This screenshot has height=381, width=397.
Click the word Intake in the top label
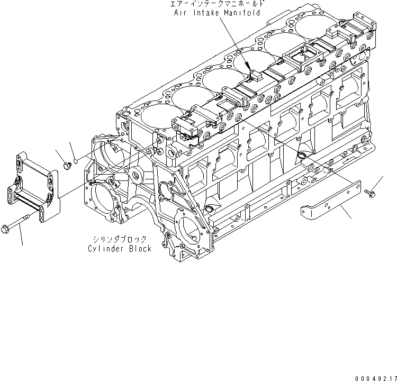click(204, 13)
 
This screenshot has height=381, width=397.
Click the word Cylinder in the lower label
click(105, 249)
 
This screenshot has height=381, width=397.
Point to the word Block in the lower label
click(139, 249)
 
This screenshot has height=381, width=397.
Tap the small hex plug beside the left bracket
click(67, 166)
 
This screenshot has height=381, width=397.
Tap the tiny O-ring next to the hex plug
click(76, 161)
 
